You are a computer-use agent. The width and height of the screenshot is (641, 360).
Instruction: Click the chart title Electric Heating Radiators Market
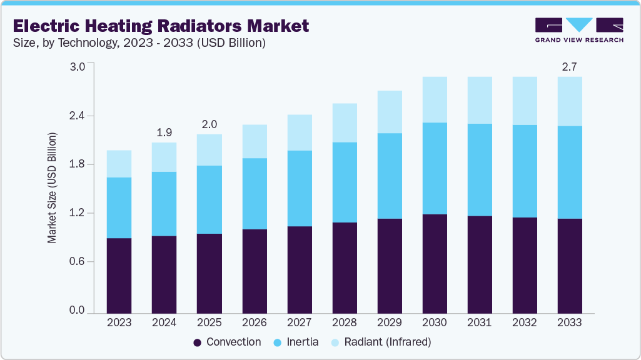click(161, 26)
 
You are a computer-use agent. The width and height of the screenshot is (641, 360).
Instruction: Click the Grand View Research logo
click(579, 30)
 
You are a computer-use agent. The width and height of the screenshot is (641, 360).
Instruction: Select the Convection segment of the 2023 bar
click(119, 276)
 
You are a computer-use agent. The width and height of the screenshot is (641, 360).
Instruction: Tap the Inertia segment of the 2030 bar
click(435, 168)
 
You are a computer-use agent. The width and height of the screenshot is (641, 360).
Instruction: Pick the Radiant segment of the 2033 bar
click(570, 101)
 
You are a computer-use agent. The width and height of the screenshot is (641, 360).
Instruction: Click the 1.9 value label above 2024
click(164, 132)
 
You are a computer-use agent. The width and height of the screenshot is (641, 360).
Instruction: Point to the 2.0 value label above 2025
click(209, 124)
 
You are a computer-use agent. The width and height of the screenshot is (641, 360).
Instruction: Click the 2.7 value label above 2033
click(570, 67)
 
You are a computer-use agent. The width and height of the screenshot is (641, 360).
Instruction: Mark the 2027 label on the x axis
click(299, 322)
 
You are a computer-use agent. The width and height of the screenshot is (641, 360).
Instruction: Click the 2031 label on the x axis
click(480, 322)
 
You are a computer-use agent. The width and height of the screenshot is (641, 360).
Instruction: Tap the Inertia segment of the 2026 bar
click(254, 194)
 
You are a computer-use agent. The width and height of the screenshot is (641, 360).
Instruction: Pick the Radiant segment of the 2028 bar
click(345, 122)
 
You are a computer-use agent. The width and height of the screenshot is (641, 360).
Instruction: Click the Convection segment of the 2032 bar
click(525, 265)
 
